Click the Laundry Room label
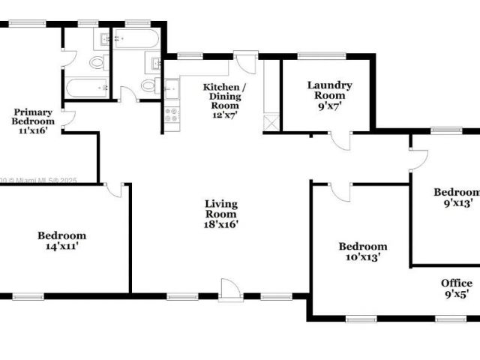coord(329,90)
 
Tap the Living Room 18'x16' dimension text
coord(221,224)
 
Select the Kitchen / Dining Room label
coord(223,96)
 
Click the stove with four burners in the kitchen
coord(172,115)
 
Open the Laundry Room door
coord(340,140)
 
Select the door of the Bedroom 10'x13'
coord(340,191)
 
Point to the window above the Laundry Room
coord(322,55)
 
